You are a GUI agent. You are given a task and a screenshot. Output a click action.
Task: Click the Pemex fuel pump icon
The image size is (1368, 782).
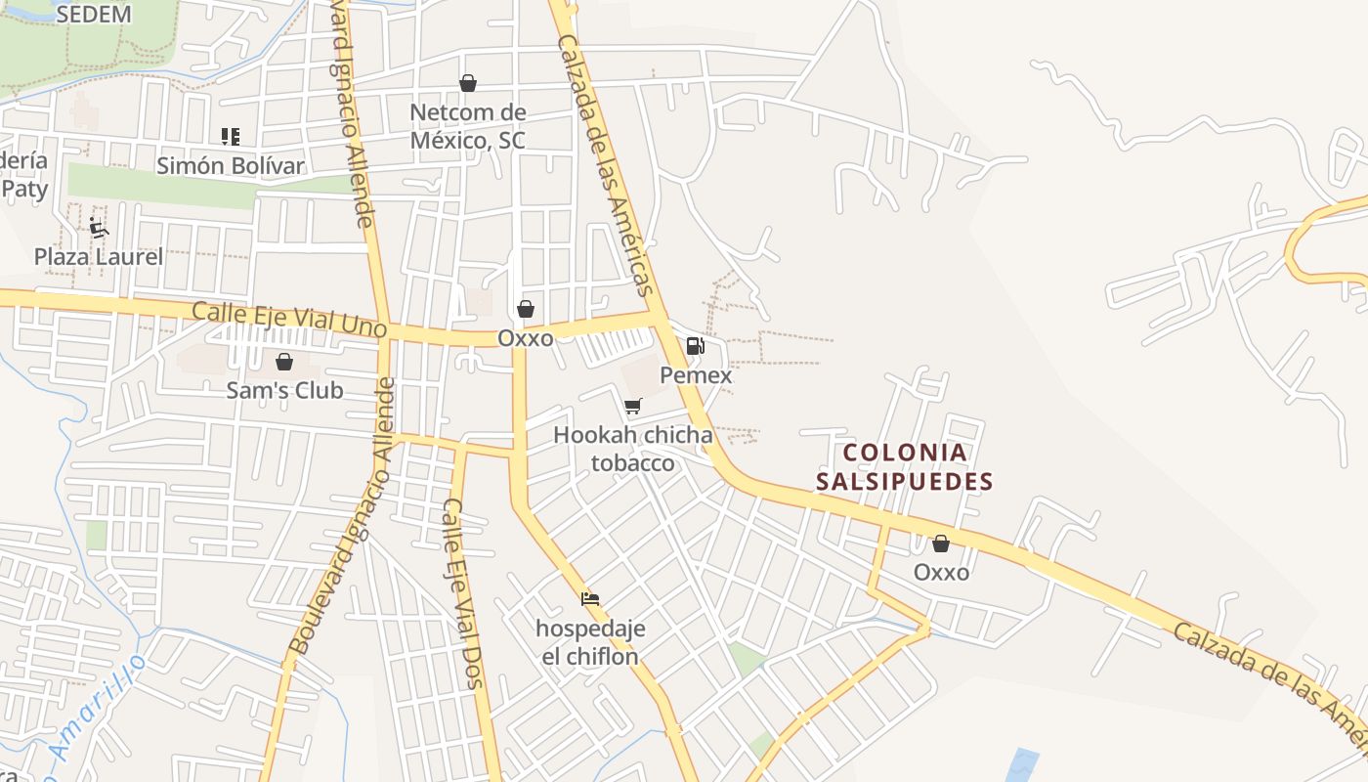pos(695,345)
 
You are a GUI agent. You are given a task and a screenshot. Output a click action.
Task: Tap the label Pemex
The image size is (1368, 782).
pos(696,374)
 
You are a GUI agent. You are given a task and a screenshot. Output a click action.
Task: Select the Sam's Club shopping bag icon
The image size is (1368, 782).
pos(284,362)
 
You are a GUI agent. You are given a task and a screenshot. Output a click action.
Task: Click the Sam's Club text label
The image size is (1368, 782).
pos(284,390)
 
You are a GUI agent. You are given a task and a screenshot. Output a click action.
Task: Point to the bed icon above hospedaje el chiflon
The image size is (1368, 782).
pos(589,598)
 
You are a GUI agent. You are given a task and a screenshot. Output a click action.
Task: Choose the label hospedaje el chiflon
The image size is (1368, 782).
pos(590,642)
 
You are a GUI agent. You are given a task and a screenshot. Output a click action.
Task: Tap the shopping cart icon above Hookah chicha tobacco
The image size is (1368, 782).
pos(633,406)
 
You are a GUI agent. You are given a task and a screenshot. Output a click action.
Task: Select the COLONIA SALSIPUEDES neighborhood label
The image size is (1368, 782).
pos(905,466)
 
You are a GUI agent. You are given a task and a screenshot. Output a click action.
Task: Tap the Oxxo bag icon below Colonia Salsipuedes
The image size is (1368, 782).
pos(941,543)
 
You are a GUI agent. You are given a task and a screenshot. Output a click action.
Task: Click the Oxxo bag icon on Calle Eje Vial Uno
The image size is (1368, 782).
pos(526,309)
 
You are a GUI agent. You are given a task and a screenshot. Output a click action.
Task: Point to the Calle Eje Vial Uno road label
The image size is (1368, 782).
pos(289,320)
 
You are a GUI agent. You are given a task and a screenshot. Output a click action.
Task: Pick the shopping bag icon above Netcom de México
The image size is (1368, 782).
pos(468,83)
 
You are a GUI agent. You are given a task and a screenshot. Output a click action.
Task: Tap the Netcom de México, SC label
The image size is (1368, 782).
pos(467,126)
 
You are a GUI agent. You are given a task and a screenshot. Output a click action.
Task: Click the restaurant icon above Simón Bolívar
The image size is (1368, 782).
pos(231,137)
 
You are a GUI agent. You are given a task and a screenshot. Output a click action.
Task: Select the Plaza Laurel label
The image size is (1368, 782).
pos(99,256)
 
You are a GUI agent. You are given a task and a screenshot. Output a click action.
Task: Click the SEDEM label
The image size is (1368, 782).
pos(94,14)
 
